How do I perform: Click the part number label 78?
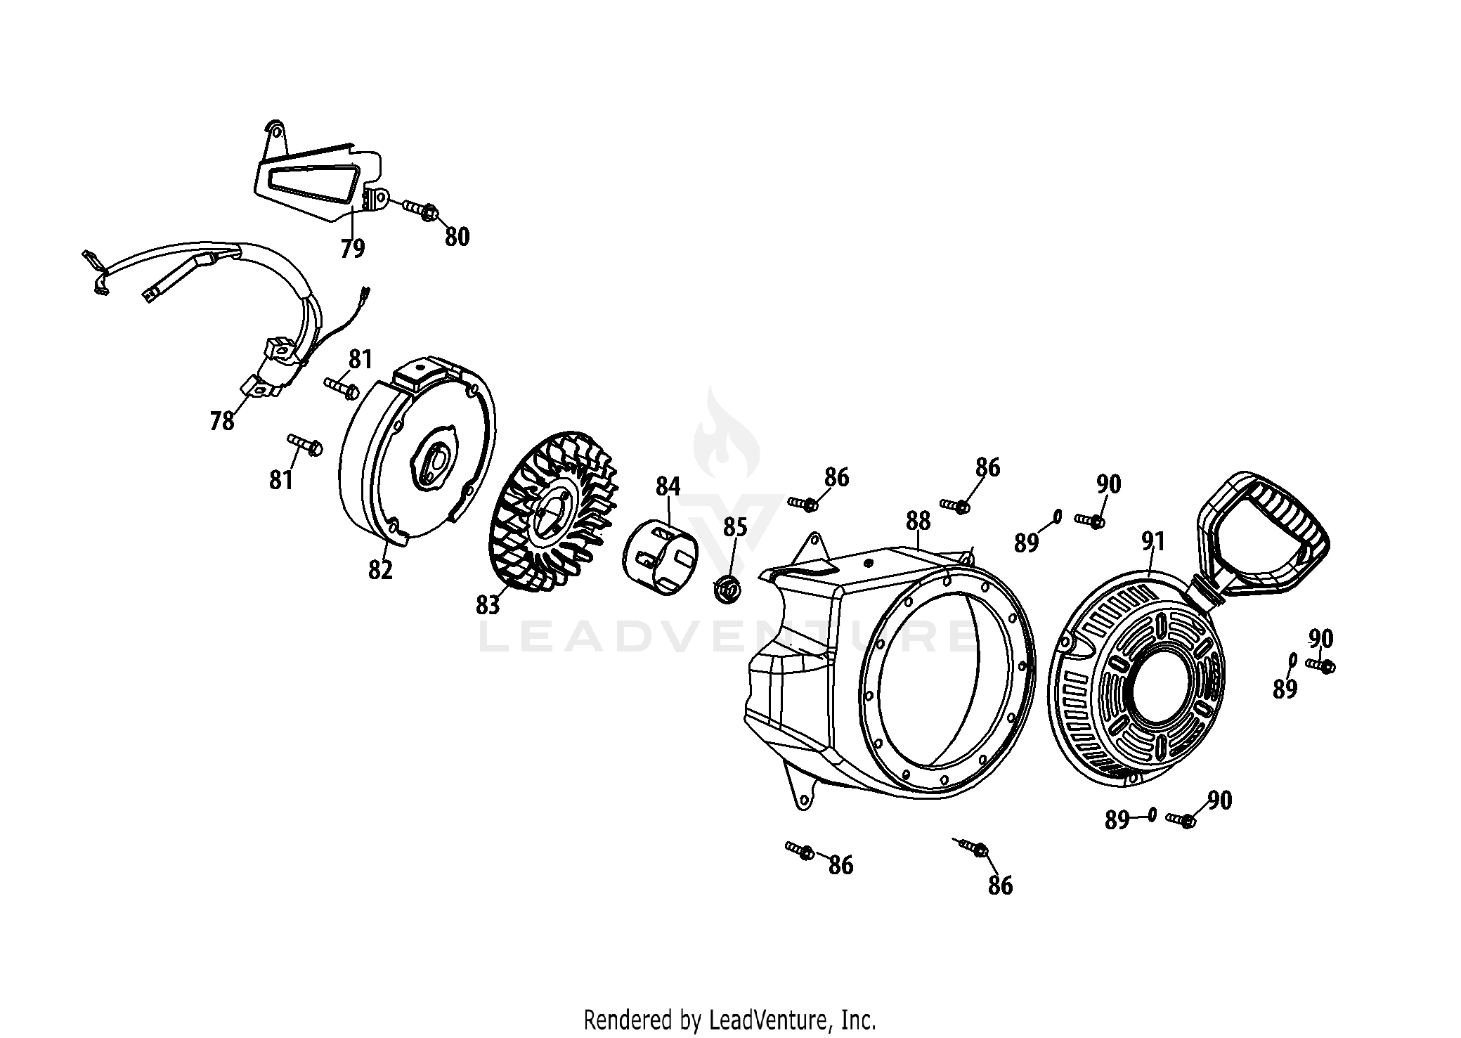click(x=222, y=422)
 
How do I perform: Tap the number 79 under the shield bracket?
click(x=353, y=249)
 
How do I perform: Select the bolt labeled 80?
click(x=421, y=209)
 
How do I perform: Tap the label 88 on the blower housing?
click(x=918, y=521)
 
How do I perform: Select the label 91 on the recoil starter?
click(x=1153, y=541)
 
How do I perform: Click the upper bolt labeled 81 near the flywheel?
click(x=342, y=387)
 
